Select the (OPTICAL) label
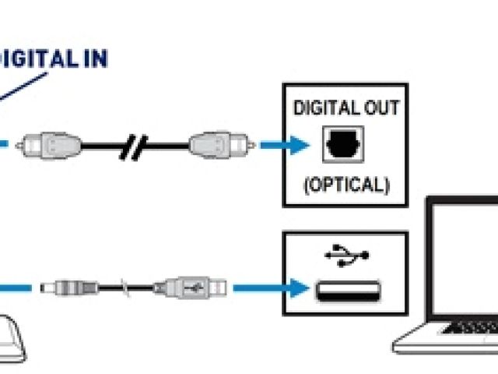tap(345, 186)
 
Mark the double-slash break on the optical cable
tap(130, 146)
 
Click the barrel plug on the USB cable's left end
tap(63, 288)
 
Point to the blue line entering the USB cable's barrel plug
tap(16, 288)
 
